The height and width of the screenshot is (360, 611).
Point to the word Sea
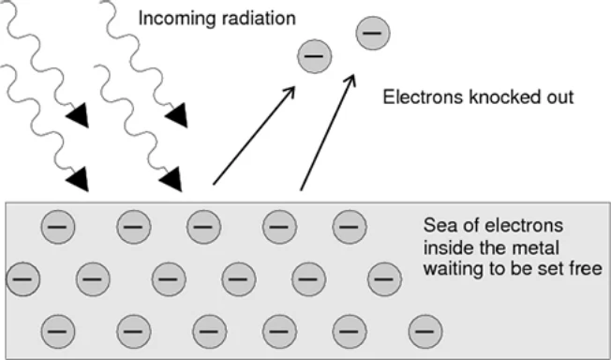(x=439, y=225)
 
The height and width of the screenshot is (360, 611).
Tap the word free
(x=586, y=269)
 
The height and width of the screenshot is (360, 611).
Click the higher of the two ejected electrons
(x=373, y=33)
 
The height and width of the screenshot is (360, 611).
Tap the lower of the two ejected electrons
(x=315, y=56)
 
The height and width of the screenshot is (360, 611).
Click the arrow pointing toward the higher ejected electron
(x=328, y=132)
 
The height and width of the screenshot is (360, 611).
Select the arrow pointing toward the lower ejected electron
(x=254, y=135)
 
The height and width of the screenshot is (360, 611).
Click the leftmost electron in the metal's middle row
(x=23, y=279)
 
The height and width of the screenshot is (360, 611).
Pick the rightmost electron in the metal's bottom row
(x=425, y=332)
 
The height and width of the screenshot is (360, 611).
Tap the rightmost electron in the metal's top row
(x=350, y=227)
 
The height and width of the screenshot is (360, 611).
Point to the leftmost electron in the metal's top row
(x=58, y=227)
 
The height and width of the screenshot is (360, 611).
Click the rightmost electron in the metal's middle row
(x=384, y=279)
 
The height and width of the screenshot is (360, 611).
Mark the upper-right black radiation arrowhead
(x=178, y=116)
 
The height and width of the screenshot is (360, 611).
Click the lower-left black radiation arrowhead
(x=79, y=180)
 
